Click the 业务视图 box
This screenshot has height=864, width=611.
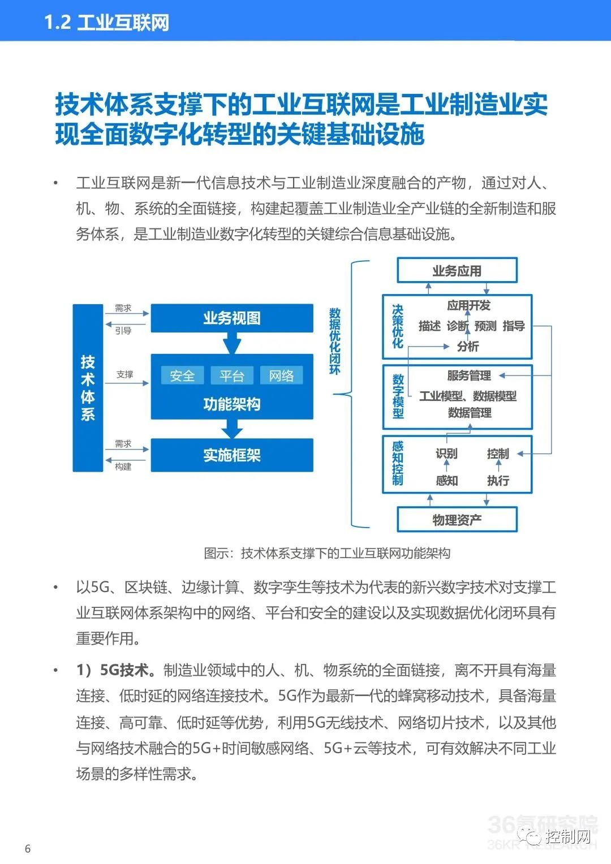(x=231, y=318)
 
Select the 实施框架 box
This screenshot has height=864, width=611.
(x=231, y=455)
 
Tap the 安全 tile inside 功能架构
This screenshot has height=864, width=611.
(x=182, y=375)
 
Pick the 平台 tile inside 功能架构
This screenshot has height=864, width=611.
(x=231, y=375)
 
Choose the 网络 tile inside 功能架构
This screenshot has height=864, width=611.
(x=281, y=375)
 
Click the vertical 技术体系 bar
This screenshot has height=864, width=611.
(x=88, y=388)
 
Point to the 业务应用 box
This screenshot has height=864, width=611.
(x=457, y=270)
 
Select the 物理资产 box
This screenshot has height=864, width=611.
(x=457, y=520)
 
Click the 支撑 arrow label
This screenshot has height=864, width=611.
(x=124, y=374)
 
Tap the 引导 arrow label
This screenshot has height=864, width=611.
(x=123, y=331)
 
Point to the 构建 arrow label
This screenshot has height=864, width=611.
(x=123, y=466)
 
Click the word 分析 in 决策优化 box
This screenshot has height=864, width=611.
(x=468, y=347)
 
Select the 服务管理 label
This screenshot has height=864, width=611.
(x=469, y=375)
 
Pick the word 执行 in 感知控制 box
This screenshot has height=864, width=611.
(x=498, y=480)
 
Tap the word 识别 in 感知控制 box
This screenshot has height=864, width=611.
(x=446, y=453)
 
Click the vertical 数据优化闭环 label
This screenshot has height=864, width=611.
(x=335, y=341)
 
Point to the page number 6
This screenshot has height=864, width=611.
(x=27, y=848)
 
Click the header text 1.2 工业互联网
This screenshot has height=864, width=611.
(x=106, y=22)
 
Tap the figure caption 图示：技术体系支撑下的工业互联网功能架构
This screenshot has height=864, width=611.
(x=327, y=553)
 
